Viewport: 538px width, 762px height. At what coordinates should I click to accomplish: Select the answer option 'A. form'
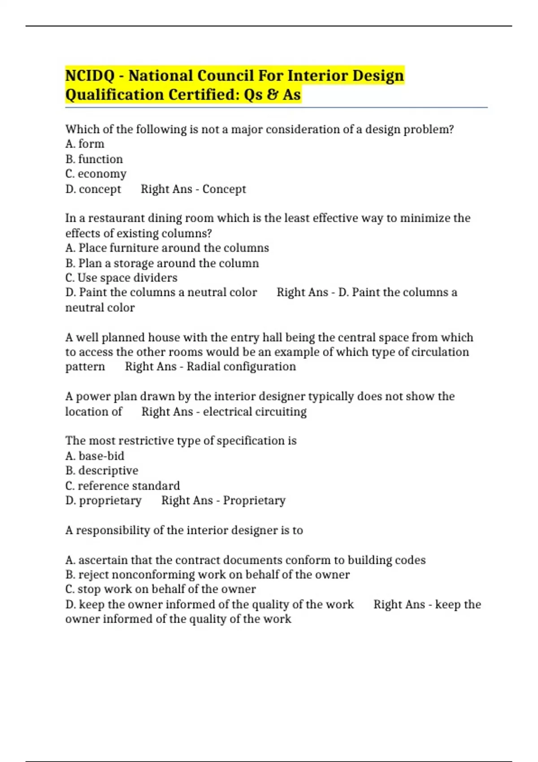coord(85,144)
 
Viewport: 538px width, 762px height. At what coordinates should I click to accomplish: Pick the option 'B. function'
coord(94,159)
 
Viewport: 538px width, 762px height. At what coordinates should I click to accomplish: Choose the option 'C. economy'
coord(96,174)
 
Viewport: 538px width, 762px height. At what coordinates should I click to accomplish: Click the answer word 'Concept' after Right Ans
coord(224,189)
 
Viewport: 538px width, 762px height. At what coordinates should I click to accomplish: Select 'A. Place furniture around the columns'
coord(167,248)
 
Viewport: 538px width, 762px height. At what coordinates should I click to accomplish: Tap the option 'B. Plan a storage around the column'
coord(162,263)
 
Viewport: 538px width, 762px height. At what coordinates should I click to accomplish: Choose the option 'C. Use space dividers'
coord(121,278)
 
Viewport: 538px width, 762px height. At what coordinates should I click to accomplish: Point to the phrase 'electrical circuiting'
coord(255,412)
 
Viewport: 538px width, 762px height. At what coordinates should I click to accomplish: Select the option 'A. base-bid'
coord(95,456)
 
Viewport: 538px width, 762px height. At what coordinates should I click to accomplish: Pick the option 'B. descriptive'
coord(102,471)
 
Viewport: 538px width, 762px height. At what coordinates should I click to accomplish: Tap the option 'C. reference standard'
coord(122,486)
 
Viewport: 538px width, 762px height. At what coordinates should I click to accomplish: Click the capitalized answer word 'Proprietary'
coord(254,501)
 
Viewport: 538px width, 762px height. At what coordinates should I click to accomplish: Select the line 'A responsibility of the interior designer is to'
coord(184,530)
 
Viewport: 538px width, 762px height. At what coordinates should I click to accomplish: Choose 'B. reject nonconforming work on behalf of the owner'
coord(208,575)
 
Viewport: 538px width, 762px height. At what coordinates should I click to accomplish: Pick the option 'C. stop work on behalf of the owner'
coord(161,589)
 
